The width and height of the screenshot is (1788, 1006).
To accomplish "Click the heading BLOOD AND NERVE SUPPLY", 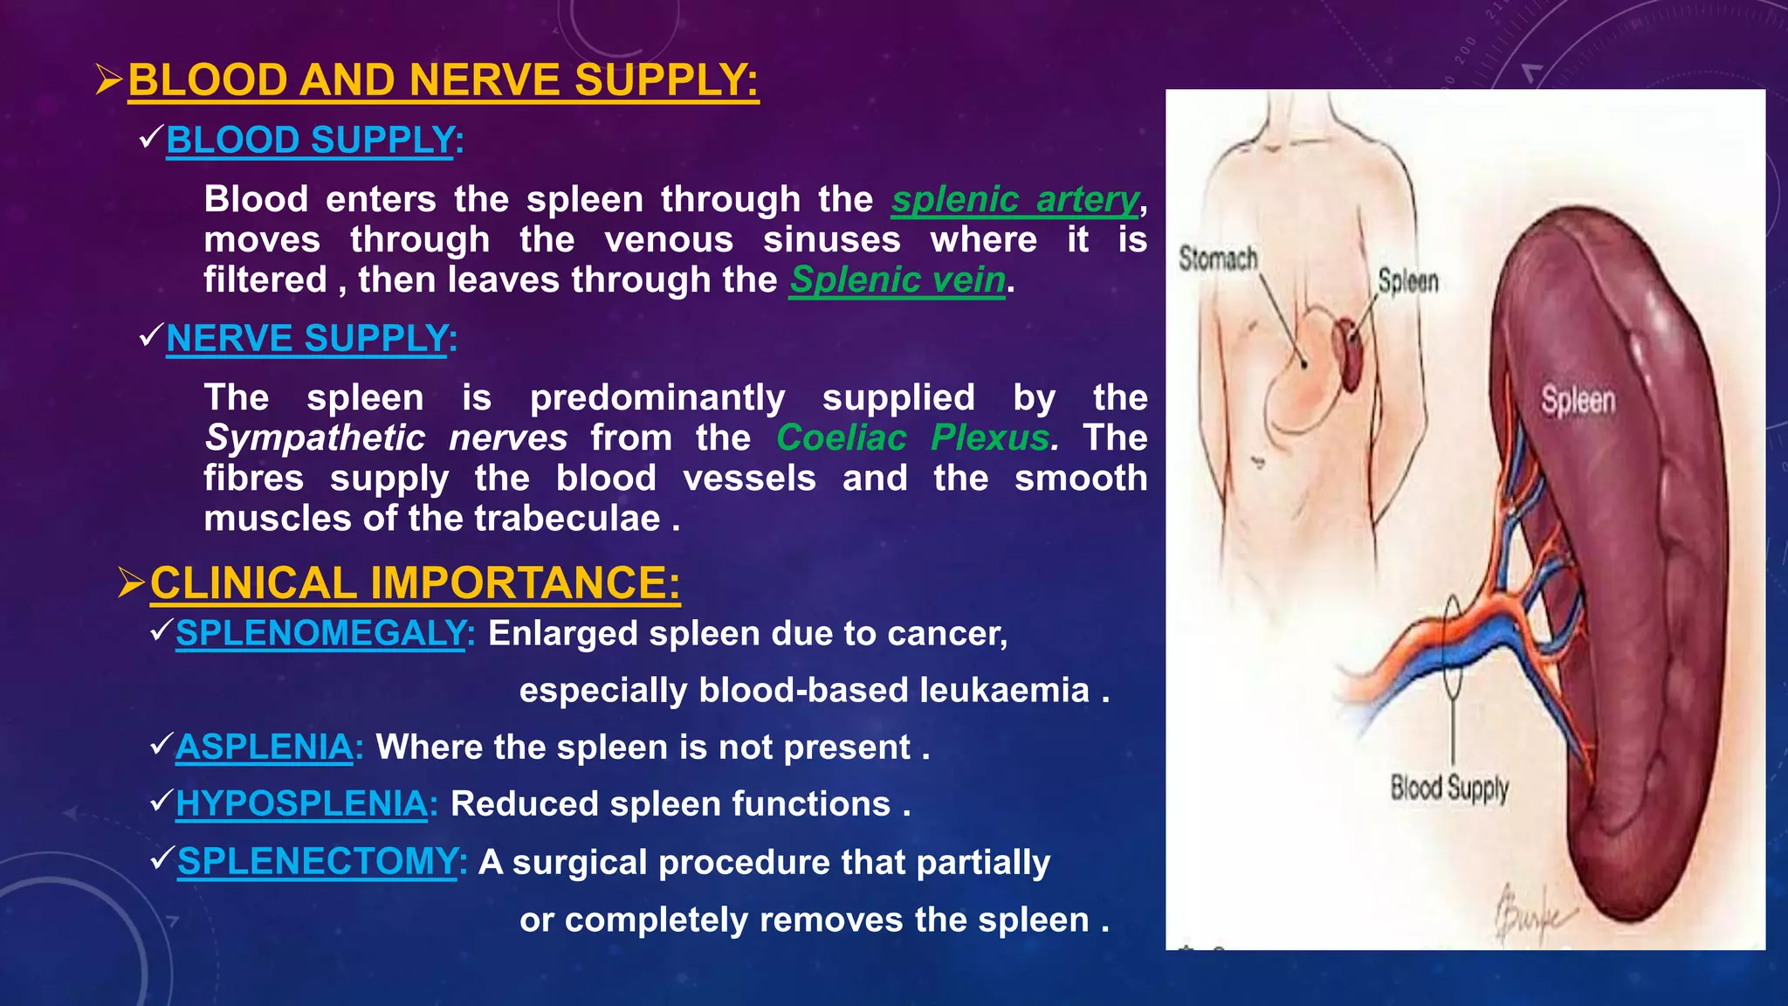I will (x=443, y=80).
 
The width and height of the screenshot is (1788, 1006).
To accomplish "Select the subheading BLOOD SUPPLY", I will (x=311, y=141).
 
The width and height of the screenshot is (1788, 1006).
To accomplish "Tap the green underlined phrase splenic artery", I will (x=1015, y=200).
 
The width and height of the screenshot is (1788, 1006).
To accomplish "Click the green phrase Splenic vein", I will (x=897, y=280).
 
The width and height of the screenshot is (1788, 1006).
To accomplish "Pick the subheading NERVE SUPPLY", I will (x=307, y=339).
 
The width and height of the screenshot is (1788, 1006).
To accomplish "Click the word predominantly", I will (x=657, y=398).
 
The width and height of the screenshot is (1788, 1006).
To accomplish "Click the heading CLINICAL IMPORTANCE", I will (x=414, y=583).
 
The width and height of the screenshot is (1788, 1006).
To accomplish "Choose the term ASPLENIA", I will (x=265, y=748).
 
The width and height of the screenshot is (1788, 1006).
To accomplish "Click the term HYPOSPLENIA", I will (x=302, y=804).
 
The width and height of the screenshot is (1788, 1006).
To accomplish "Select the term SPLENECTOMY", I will (x=317, y=862).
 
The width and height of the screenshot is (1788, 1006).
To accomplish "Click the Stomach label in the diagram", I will (x=1218, y=259).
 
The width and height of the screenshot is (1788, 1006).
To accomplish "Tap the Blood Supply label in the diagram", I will (x=1449, y=788).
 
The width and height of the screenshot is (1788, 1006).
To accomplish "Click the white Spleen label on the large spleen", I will (x=1578, y=401).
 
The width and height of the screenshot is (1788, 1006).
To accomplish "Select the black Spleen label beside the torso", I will (x=1407, y=281).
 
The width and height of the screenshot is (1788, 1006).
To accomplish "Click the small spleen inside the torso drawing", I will (x=1349, y=353).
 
